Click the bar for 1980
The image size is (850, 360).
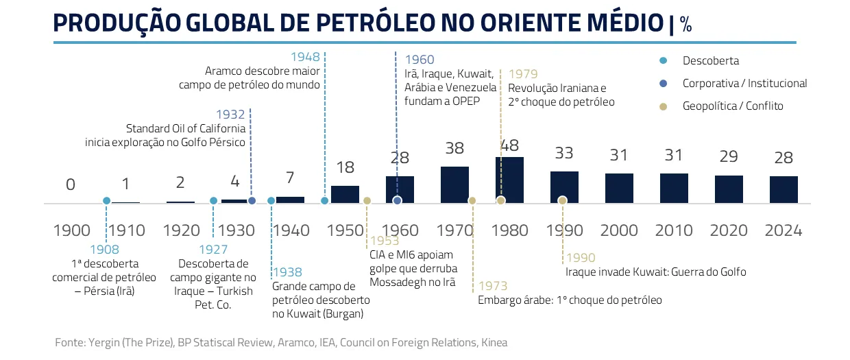[x=509, y=180]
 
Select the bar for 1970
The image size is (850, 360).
[x=454, y=184]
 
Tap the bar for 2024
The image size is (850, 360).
[x=784, y=189]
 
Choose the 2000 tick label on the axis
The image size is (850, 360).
[x=619, y=230]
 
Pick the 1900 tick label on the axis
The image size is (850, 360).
[x=71, y=230]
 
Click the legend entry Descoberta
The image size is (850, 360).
[x=710, y=60]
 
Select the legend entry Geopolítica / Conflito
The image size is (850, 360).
[x=732, y=106]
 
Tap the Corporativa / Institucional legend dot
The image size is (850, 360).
[x=663, y=84]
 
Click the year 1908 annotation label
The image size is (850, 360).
[x=104, y=250]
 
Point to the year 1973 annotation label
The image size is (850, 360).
[x=493, y=285]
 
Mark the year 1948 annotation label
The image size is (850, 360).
[x=305, y=57]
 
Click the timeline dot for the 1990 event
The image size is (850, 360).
[x=563, y=200]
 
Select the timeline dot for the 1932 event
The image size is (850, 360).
[x=252, y=201]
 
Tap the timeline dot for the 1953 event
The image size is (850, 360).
[x=367, y=201]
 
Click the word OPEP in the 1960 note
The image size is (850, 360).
[x=465, y=101]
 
